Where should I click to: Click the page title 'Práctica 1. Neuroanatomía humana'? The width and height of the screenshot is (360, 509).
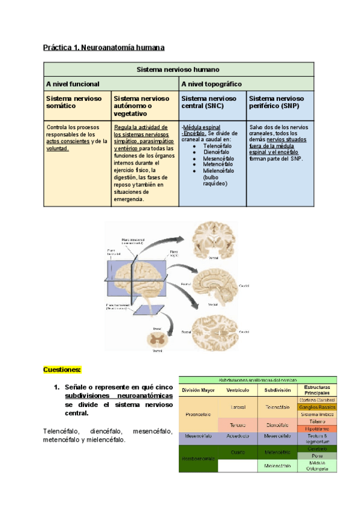[x=103, y=47]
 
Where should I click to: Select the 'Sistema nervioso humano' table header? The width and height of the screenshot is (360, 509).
[x=178, y=69]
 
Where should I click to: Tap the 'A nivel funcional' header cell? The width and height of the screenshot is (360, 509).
[x=73, y=84]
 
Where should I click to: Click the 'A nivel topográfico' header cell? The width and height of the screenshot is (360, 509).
[x=211, y=84]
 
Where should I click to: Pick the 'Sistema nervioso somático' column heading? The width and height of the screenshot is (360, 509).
[x=74, y=101]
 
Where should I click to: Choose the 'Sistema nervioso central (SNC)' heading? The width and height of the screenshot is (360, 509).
[x=209, y=101]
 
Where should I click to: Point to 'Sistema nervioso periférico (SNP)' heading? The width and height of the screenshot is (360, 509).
[x=277, y=101]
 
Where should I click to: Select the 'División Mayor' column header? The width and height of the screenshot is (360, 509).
[x=199, y=390]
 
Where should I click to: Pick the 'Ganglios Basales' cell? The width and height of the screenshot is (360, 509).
[x=317, y=407]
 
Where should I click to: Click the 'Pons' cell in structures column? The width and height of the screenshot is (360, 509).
[x=317, y=456]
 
